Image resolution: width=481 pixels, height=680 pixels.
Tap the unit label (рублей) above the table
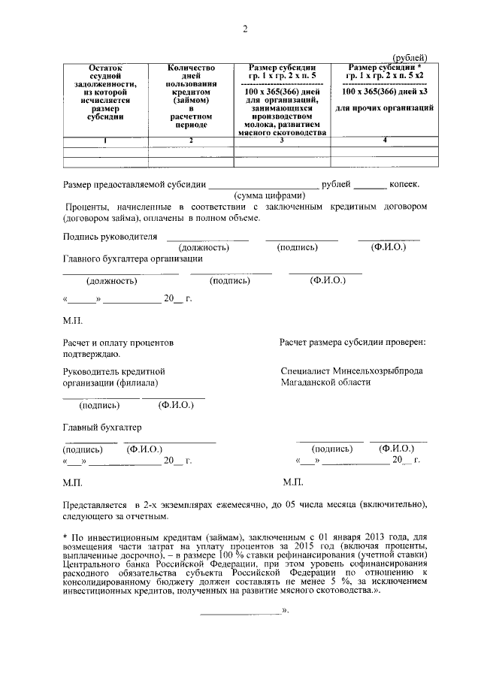[410, 57]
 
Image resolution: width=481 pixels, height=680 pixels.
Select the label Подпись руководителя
[110, 237]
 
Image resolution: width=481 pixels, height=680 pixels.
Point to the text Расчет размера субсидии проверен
[352, 343]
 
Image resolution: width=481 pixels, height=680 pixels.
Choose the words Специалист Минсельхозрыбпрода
[351, 371]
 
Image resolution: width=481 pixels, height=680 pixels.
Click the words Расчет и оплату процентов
[119, 343]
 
